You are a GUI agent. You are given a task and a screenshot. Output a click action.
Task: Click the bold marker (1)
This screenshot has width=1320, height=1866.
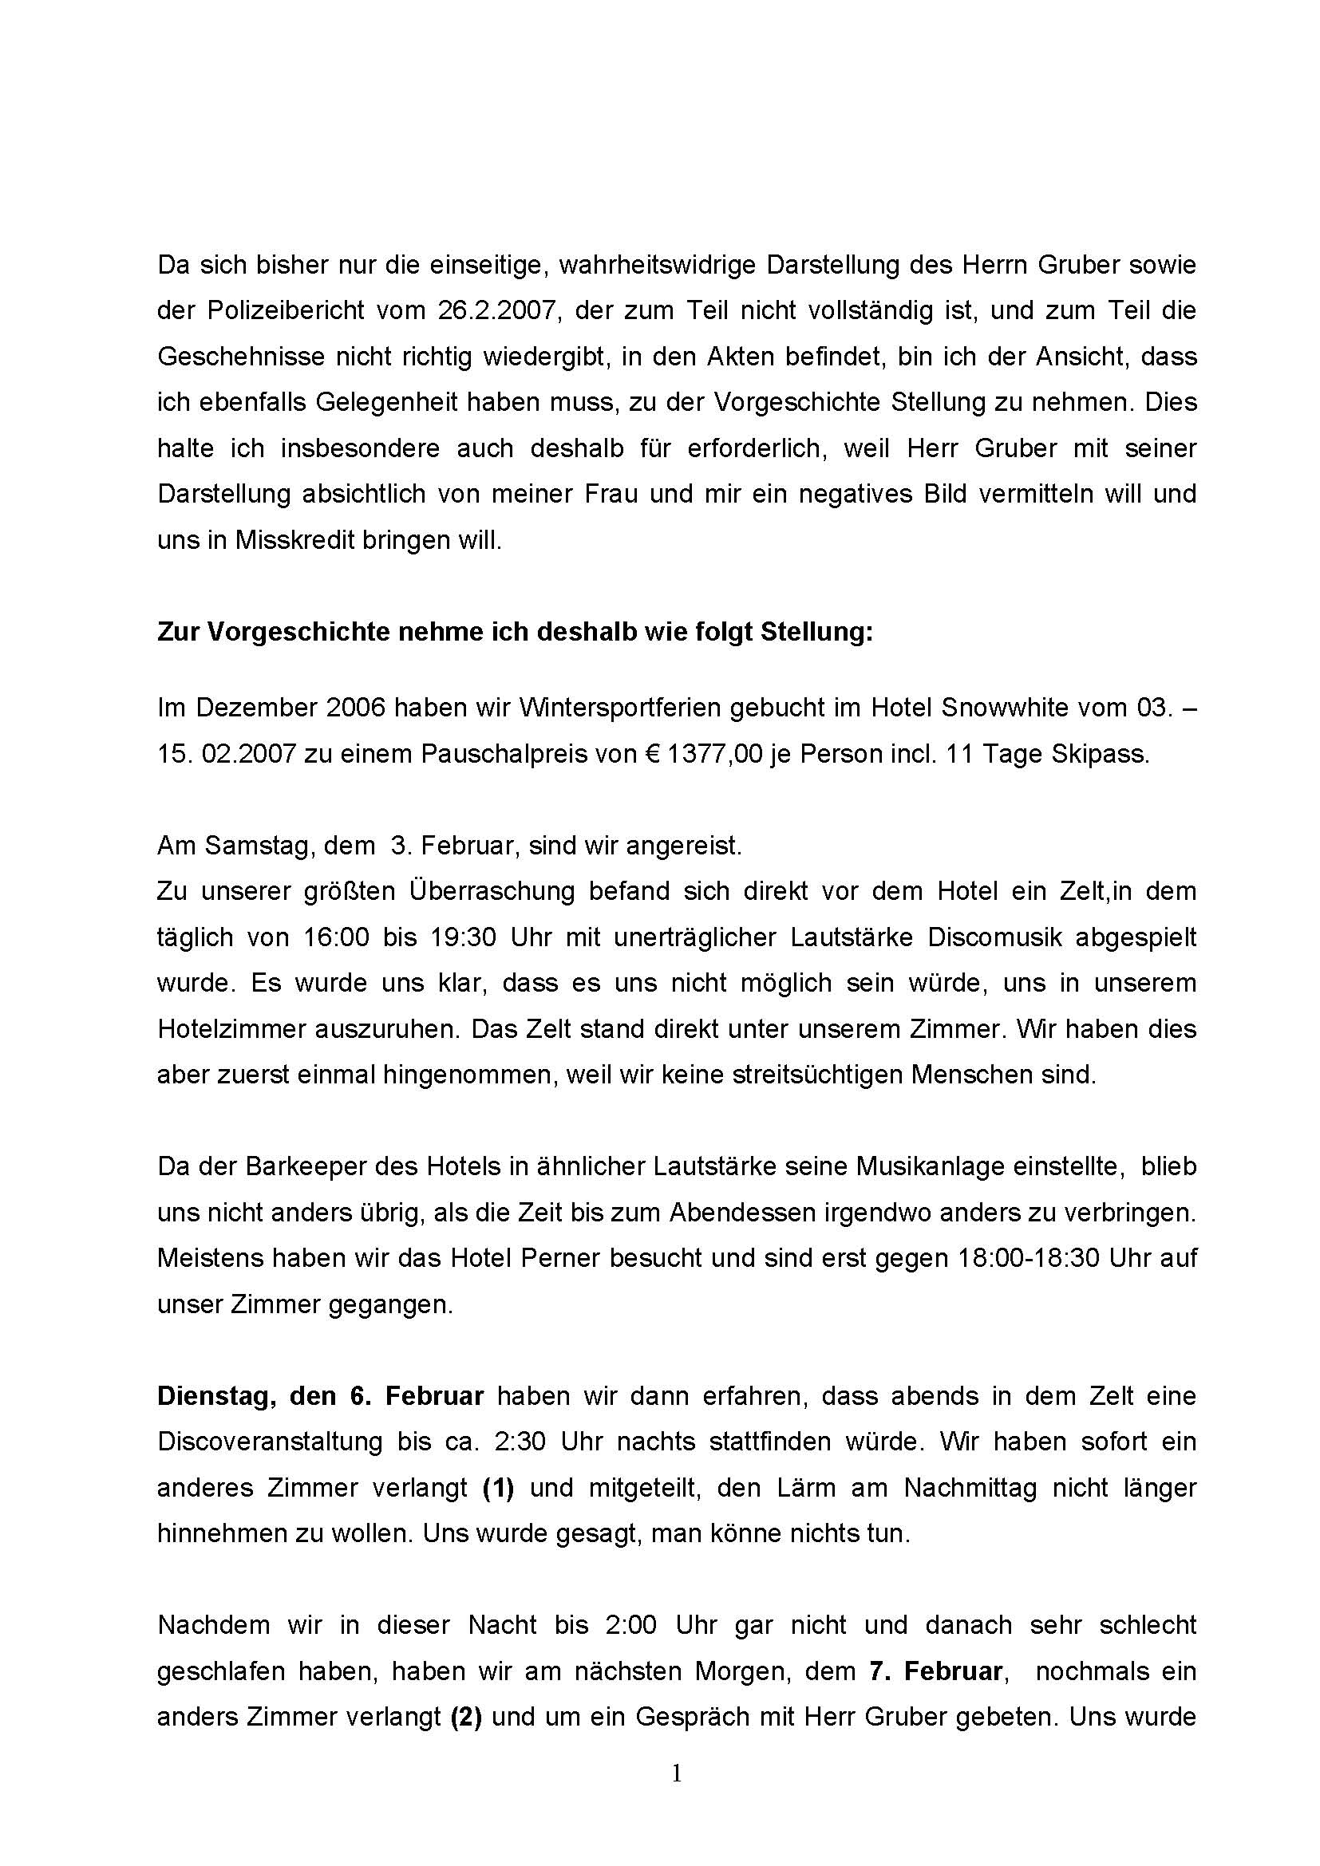click(x=498, y=1487)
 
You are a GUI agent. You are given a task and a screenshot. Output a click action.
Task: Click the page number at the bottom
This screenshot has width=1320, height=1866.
click(x=677, y=1774)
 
